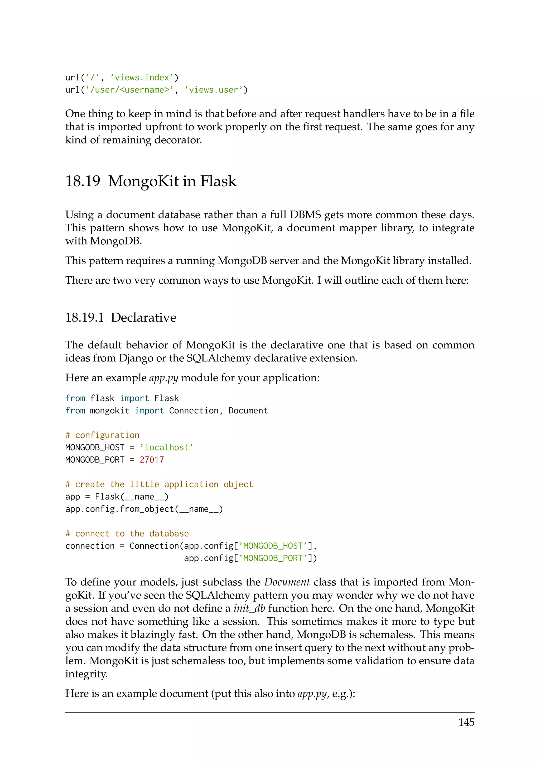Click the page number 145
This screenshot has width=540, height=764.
click(466, 722)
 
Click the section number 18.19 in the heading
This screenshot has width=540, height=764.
click(83, 181)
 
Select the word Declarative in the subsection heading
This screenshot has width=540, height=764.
click(143, 318)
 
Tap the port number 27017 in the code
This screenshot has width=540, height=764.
click(152, 460)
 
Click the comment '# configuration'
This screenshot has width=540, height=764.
click(102, 435)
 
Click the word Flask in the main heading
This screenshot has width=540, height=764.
click(218, 181)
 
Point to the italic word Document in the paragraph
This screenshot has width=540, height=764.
click(287, 582)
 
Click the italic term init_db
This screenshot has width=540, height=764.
click(249, 608)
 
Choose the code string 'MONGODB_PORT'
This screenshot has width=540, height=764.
click(273, 558)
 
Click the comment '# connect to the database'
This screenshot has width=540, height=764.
click(127, 533)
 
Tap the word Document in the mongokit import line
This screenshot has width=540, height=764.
click(248, 410)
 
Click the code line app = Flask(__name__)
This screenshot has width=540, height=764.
click(117, 497)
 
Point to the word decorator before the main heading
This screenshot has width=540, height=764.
click(178, 140)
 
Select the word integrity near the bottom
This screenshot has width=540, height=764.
click(86, 674)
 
